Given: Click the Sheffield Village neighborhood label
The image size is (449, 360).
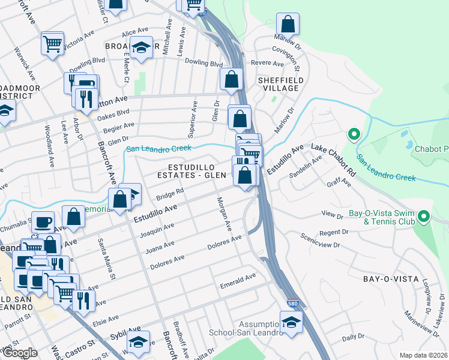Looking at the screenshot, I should (x=278, y=84).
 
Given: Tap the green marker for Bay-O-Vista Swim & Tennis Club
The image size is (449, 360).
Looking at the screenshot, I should (x=424, y=215).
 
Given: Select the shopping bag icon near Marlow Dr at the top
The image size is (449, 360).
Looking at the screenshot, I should (x=288, y=25).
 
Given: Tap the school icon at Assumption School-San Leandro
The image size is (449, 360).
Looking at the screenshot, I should (x=291, y=322).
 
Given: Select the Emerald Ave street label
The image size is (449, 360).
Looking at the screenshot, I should (x=238, y=277).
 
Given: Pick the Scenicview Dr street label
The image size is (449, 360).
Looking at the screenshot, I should (x=321, y=241).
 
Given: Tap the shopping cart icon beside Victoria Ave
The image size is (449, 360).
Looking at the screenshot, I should (x=53, y=43).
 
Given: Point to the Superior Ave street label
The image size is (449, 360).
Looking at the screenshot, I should (x=194, y=115).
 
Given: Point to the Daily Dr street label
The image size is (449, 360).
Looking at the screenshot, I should (x=353, y=338).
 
